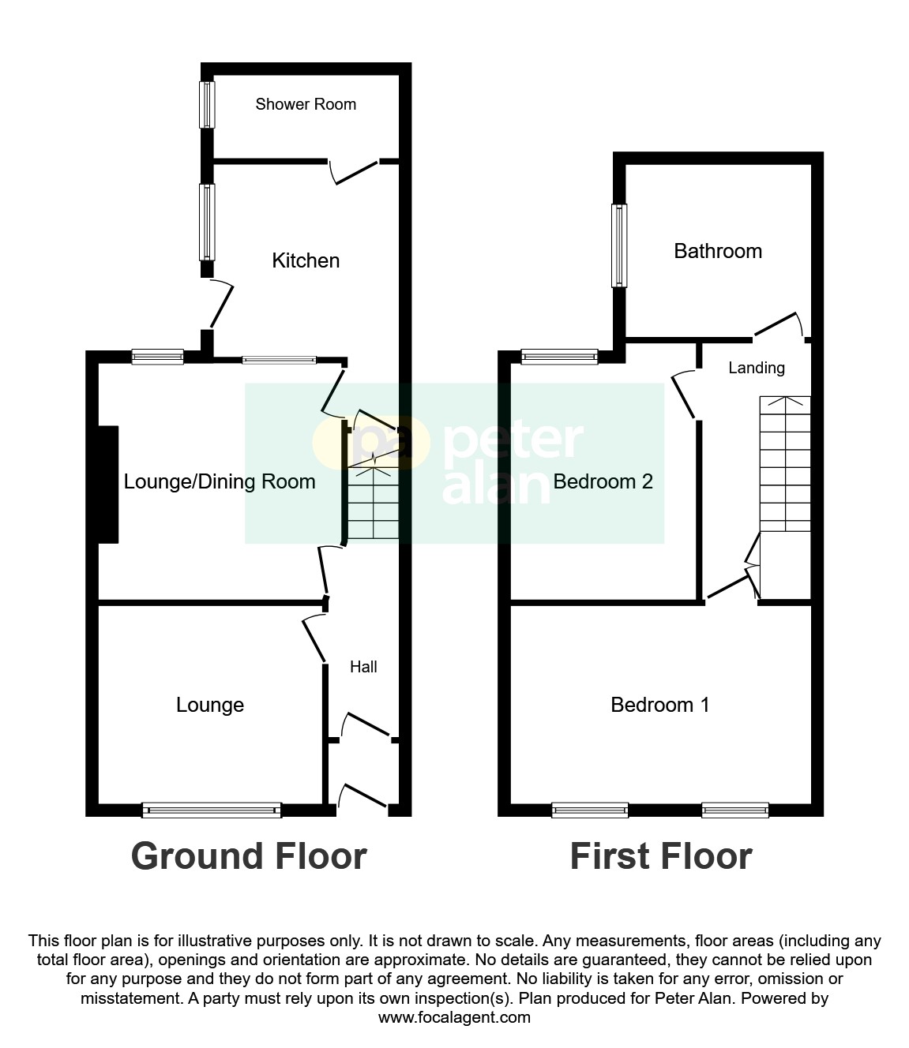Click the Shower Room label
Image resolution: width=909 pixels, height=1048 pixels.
[306, 104]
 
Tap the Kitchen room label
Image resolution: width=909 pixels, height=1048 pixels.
[306, 260]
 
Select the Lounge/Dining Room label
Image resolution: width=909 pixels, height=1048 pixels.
[220, 481]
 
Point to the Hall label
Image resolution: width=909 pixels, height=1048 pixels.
[363, 667]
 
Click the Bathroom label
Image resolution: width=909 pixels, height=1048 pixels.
[718, 251]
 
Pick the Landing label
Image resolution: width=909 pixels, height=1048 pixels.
[756, 368]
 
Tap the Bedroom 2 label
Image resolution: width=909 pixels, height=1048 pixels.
[603, 481]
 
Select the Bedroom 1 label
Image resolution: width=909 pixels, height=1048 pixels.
[660, 705]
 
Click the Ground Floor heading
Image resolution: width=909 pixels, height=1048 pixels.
[249, 856]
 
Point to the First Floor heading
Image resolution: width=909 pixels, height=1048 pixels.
[661, 856]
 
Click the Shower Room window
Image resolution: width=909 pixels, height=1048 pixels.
[207, 104]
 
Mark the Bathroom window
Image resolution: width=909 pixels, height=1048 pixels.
[620, 245]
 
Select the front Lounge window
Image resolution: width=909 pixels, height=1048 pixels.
[212, 810]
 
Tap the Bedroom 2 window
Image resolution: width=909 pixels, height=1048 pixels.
[559, 357]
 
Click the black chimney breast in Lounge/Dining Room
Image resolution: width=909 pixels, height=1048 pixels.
[107, 485]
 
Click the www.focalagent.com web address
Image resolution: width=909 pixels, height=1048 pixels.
[454, 1017]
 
